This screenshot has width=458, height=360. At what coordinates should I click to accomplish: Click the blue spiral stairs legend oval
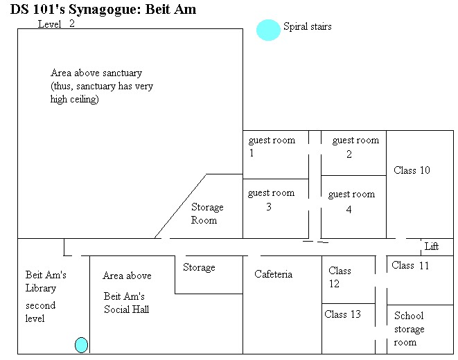pyautogui.click(x=268, y=30)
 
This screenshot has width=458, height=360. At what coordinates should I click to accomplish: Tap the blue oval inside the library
pyautogui.click(x=81, y=344)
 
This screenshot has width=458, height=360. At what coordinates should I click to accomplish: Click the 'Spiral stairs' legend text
pyautogui.click(x=307, y=27)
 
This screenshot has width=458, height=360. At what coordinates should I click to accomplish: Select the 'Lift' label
pyautogui.click(x=431, y=246)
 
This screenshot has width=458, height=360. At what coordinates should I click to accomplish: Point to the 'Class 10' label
pyautogui.click(x=412, y=170)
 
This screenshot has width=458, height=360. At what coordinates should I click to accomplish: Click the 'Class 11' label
pyautogui.click(x=411, y=265)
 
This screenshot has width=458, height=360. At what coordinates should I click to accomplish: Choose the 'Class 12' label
pyautogui.click(x=340, y=277)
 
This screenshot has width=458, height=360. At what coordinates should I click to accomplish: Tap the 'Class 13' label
pyautogui.click(x=343, y=314)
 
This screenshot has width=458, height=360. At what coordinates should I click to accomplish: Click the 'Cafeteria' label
pyautogui.click(x=273, y=274)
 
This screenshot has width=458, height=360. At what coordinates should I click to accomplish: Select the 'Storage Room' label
pyautogui.click(x=207, y=213)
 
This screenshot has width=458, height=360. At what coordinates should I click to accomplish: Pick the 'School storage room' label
pyautogui.click(x=409, y=329)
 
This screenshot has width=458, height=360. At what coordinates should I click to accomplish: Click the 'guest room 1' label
pyautogui.click(x=271, y=146)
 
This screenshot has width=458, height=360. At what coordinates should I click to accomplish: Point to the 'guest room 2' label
pyautogui.click(x=355, y=147)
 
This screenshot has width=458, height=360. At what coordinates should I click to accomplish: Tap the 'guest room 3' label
pyautogui.click(x=271, y=199)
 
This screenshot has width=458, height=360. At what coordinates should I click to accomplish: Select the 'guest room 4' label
pyautogui.click(x=351, y=201)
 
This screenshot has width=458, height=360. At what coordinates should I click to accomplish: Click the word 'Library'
pyautogui.click(x=41, y=288)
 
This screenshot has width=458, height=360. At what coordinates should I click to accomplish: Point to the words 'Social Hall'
pyautogui.click(x=127, y=309)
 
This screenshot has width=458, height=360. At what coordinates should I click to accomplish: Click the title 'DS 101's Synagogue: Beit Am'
pyautogui.click(x=103, y=10)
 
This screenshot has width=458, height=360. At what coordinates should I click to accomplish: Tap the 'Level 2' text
pyautogui.click(x=56, y=24)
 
